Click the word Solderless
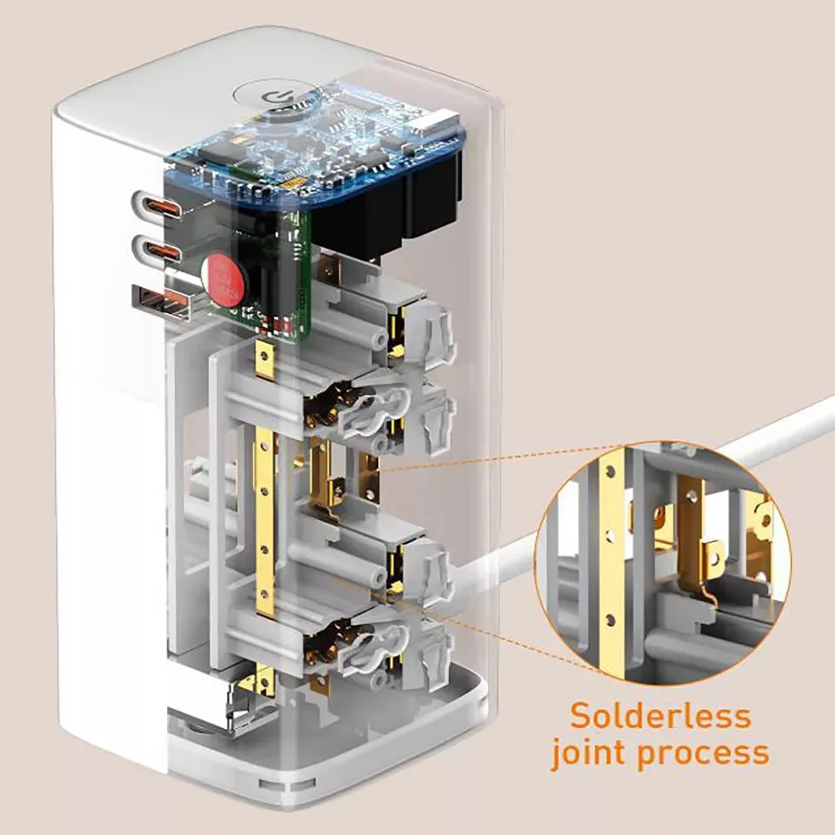click(x=659, y=716)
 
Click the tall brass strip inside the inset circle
click(x=614, y=557)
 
